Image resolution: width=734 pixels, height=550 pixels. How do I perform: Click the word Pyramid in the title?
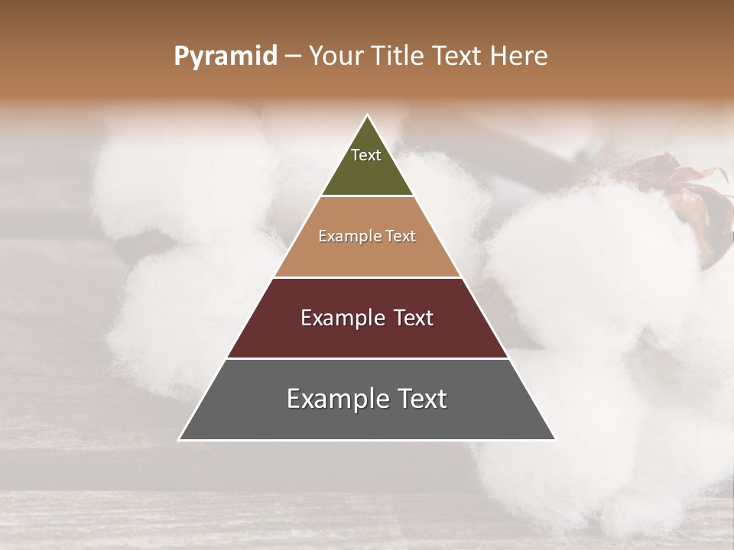(x=226, y=57)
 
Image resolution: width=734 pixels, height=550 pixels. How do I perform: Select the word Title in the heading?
(x=397, y=57)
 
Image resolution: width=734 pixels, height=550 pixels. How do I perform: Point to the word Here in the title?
(x=519, y=57)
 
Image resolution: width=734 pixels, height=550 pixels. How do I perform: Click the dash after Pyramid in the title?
(x=293, y=57)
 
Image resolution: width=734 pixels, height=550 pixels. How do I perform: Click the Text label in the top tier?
(x=366, y=155)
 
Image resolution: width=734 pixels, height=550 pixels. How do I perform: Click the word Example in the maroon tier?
(x=339, y=319)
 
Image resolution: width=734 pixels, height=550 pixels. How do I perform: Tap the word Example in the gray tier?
(x=333, y=400)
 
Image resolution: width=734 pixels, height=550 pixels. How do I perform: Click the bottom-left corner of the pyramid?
(x=179, y=440)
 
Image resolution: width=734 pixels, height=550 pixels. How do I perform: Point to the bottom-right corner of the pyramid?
(x=556, y=440)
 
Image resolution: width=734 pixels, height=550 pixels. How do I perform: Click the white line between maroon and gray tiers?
(x=367, y=358)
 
